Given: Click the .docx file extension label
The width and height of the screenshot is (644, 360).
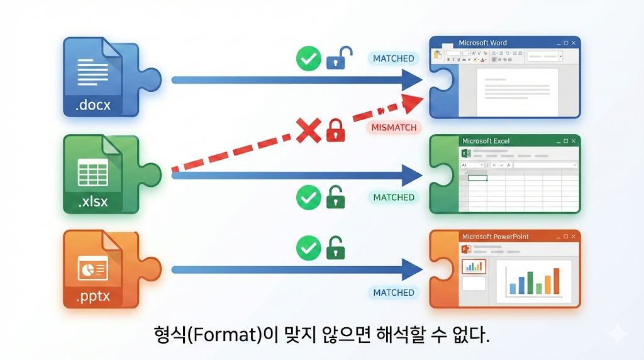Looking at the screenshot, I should (x=92, y=105).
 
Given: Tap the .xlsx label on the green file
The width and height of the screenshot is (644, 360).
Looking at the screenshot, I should (x=92, y=201).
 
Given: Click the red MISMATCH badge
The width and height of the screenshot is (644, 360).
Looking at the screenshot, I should (x=394, y=127).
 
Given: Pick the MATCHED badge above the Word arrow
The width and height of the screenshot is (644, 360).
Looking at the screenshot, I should (x=394, y=59).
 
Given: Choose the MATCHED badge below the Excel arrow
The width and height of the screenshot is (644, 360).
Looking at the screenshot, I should (x=394, y=198).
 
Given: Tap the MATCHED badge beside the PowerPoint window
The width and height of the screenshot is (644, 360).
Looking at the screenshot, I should (x=394, y=293).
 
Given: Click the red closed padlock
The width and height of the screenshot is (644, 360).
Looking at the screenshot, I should (x=335, y=131).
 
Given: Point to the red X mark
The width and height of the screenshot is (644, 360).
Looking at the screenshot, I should (x=308, y=132).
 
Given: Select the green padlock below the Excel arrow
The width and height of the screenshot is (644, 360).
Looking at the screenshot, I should (x=336, y=198).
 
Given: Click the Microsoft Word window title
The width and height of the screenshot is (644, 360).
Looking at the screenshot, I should (x=482, y=43).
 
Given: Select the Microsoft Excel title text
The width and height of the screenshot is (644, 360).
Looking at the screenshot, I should (x=486, y=141).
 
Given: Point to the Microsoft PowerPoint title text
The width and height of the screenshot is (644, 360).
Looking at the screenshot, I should (x=495, y=237).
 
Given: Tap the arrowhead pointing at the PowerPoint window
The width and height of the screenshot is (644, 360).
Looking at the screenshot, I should (x=411, y=270).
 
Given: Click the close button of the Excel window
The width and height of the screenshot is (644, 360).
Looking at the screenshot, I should (x=574, y=141).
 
